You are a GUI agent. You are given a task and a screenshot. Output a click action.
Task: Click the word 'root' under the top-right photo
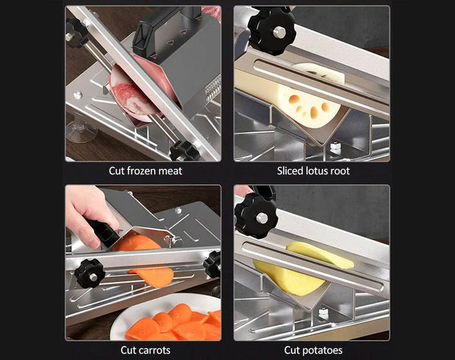click(x=339, y=171)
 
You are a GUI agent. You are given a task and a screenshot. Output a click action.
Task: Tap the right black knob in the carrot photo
click(x=213, y=263)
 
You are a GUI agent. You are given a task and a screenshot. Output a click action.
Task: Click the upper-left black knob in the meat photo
click(x=77, y=31)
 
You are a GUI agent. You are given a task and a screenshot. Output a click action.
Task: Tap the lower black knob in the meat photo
click(x=182, y=150)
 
